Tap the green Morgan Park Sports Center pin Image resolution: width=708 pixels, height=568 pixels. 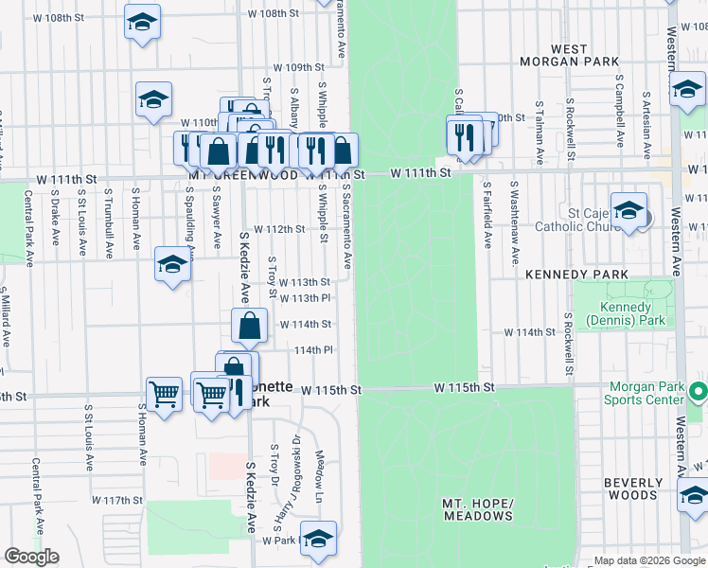click(x=699, y=391)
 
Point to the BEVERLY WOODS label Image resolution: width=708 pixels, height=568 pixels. click(x=633, y=488)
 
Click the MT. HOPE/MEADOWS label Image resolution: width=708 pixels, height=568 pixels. click(x=477, y=508)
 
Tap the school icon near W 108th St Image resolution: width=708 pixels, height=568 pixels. click(x=142, y=22)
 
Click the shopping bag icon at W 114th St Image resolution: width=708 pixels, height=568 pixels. click(x=248, y=325)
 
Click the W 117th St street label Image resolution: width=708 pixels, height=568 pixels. click(x=116, y=500)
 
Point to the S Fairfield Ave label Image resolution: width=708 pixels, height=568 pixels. click(x=487, y=215)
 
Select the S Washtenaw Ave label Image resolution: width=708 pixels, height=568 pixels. click(x=514, y=215)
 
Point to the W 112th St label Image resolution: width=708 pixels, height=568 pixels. click(x=285, y=229)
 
